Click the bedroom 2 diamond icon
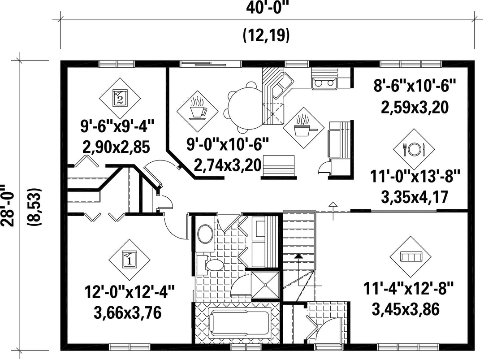[x=120, y=98]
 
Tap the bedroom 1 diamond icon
[x=130, y=260]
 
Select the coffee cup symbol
[x=198, y=110]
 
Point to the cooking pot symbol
[x=304, y=127]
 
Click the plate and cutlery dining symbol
[x=414, y=149]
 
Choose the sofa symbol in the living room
[x=411, y=257]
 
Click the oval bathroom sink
[x=205, y=234]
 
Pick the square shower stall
[x=265, y=285]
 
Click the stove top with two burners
[x=324, y=83]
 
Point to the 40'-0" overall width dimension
[x=267, y=8]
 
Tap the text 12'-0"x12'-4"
[x=130, y=292]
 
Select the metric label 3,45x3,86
[x=406, y=309]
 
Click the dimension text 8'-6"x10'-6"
[x=415, y=86]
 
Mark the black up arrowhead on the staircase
[x=298, y=256]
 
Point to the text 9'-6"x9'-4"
[x=117, y=126]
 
